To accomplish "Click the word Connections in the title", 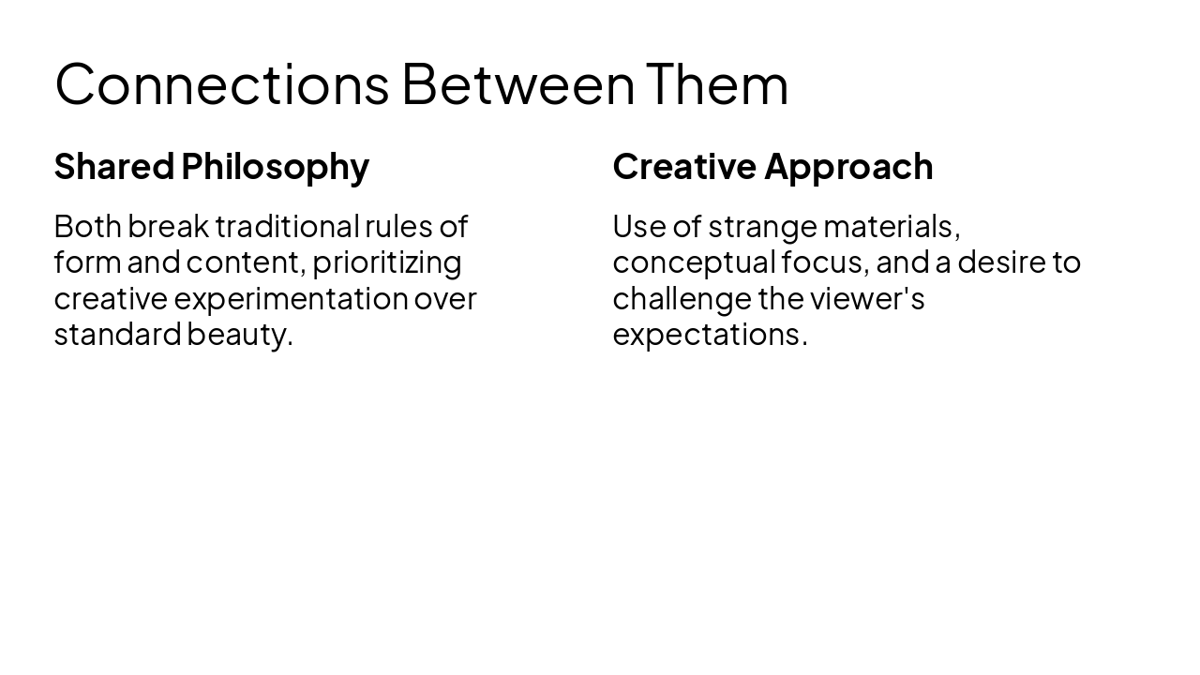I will tap(221, 83).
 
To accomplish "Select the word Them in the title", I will tap(717, 83).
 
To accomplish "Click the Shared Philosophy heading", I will tap(211, 166).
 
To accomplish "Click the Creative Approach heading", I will tap(772, 166).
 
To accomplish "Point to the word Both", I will tap(87, 226).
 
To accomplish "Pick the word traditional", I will tap(287, 226).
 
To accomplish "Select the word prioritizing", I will tap(386, 262).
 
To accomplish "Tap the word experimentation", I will tap(291, 298).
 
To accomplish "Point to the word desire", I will tap(999, 262).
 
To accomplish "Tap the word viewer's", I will tap(867, 298).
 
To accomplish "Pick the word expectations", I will tap(709, 335).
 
